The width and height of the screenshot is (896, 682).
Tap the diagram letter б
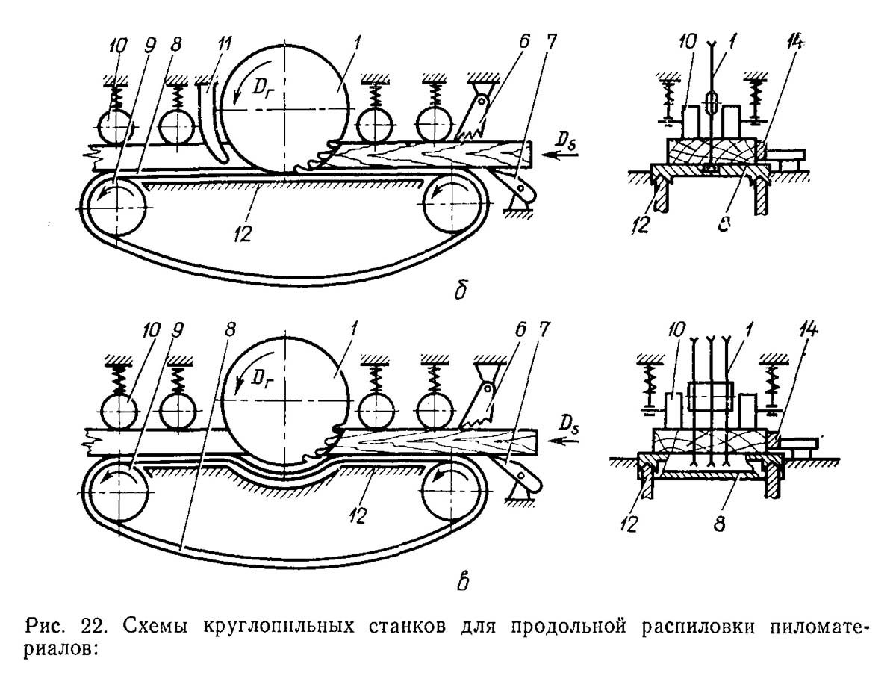[x=461, y=289]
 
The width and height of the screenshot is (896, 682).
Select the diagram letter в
[x=461, y=582]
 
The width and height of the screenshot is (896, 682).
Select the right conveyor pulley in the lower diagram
[x=451, y=493]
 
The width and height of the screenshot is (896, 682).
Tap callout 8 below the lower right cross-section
[x=719, y=524]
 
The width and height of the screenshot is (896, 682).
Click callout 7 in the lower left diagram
[x=544, y=329]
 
